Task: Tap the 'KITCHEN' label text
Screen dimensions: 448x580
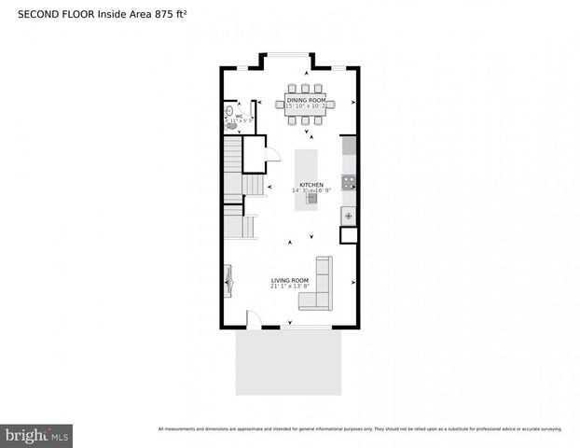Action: coord(311,184)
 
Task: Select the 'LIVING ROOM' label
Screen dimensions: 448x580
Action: coord(289,280)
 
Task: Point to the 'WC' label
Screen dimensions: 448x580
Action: coord(239,116)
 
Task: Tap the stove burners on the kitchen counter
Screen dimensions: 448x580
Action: coord(348,183)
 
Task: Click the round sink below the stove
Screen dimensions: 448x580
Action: coord(348,216)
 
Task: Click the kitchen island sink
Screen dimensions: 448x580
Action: coord(311,197)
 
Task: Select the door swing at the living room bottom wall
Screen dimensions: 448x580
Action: coord(253,319)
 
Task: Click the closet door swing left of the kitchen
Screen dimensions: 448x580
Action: coord(273,156)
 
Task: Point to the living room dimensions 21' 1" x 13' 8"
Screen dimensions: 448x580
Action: coord(289,287)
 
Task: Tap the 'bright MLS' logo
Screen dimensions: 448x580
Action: coord(37,434)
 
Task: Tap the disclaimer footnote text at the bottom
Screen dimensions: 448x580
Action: coord(360,429)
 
